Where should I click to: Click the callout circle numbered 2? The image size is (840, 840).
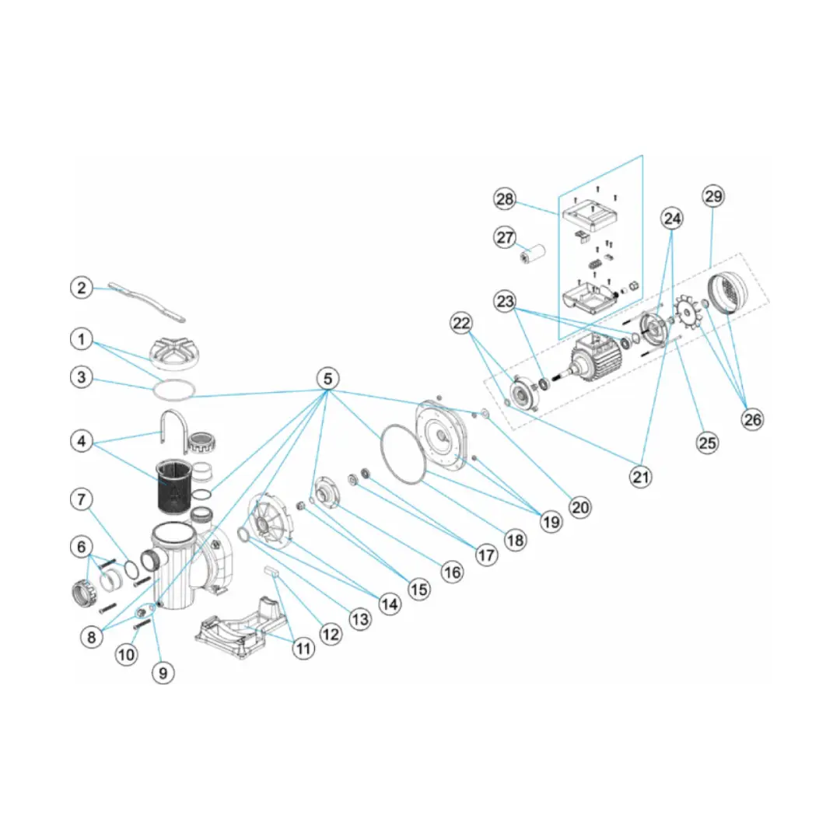(x=82, y=287)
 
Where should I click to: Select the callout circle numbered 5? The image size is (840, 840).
(x=328, y=379)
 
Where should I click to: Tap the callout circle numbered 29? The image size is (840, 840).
(x=712, y=196)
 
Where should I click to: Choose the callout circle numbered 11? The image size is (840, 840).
(x=304, y=649)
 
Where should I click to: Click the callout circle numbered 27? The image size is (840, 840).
(x=506, y=236)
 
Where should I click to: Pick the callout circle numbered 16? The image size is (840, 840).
(x=452, y=572)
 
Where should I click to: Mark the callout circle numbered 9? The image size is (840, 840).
(x=162, y=672)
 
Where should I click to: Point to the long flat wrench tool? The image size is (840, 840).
(x=148, y=302)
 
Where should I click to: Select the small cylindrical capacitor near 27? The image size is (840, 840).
(x=534, y=254)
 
